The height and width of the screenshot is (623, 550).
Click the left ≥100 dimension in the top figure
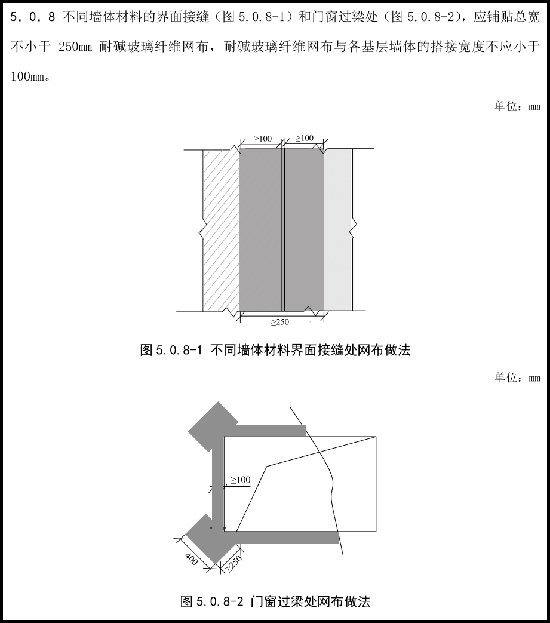coord(263,139)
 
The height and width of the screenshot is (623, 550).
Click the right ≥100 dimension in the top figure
coord(305,138)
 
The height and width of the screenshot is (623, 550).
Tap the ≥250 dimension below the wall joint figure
coord(280,322)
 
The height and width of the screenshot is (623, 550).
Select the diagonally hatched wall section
coord(221,231)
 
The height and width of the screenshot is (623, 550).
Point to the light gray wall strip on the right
coord(338,229)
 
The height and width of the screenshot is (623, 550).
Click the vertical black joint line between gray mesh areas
coord(284,229)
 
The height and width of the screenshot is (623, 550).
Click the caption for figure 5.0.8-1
coord(275,350)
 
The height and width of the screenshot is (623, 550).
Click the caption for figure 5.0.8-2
coord(275,601)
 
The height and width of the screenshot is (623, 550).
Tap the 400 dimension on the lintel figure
coord(192,559)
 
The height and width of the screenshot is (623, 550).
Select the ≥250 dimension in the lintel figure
coord(233,563)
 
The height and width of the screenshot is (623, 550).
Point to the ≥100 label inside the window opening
coord(241,480)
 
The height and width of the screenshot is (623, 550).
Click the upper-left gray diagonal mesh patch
coord(213,426)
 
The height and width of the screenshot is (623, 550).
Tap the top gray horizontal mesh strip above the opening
coord(271,431)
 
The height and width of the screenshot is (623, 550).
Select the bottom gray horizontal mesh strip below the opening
coord(287,538)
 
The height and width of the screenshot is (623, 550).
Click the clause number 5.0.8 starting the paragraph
coord(33,17)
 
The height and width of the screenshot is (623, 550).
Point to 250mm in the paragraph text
coord(75,47)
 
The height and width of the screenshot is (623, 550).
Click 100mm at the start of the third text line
coord(27,76)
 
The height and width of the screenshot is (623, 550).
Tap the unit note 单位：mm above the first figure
coord(517,106)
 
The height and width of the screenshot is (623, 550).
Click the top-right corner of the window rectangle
coord(376,437)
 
